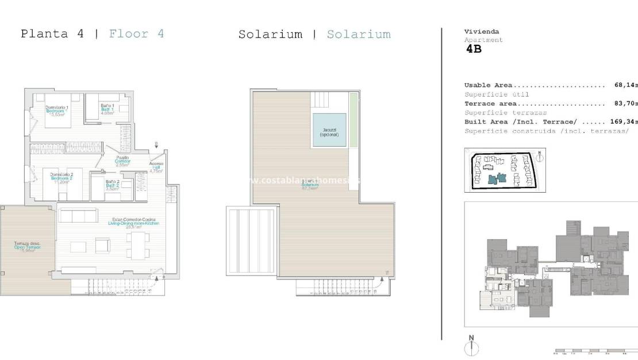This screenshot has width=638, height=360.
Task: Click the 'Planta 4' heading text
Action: click(52, 33)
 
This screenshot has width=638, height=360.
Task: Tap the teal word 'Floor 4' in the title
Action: click(136, 33)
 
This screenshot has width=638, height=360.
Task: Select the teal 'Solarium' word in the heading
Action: click(359, 35)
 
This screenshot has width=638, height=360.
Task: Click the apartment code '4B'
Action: click(474, 49)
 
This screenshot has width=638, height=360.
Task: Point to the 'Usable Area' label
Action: click(488, 85)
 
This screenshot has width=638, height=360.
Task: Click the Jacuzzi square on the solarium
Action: click(329, 130)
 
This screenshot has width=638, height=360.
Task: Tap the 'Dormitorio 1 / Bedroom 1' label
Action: click(57, 110)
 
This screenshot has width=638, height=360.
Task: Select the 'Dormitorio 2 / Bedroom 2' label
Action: click(62, 178)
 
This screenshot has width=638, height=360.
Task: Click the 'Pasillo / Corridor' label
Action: click(122, 161)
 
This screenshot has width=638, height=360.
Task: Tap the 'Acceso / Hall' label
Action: click(156, 167)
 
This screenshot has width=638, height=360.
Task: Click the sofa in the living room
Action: click(79, 216)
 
